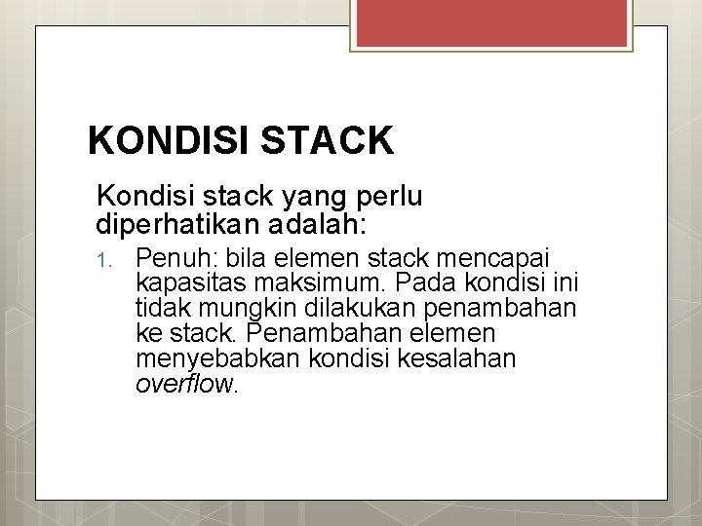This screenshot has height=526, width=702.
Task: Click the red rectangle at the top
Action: pos(491,24)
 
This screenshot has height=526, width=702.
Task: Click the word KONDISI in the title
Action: pos(167,142)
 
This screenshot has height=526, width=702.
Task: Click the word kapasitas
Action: pos(189,283)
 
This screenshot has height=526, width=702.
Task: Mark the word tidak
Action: pos(163,309)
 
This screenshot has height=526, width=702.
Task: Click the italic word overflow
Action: pos(185,384)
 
